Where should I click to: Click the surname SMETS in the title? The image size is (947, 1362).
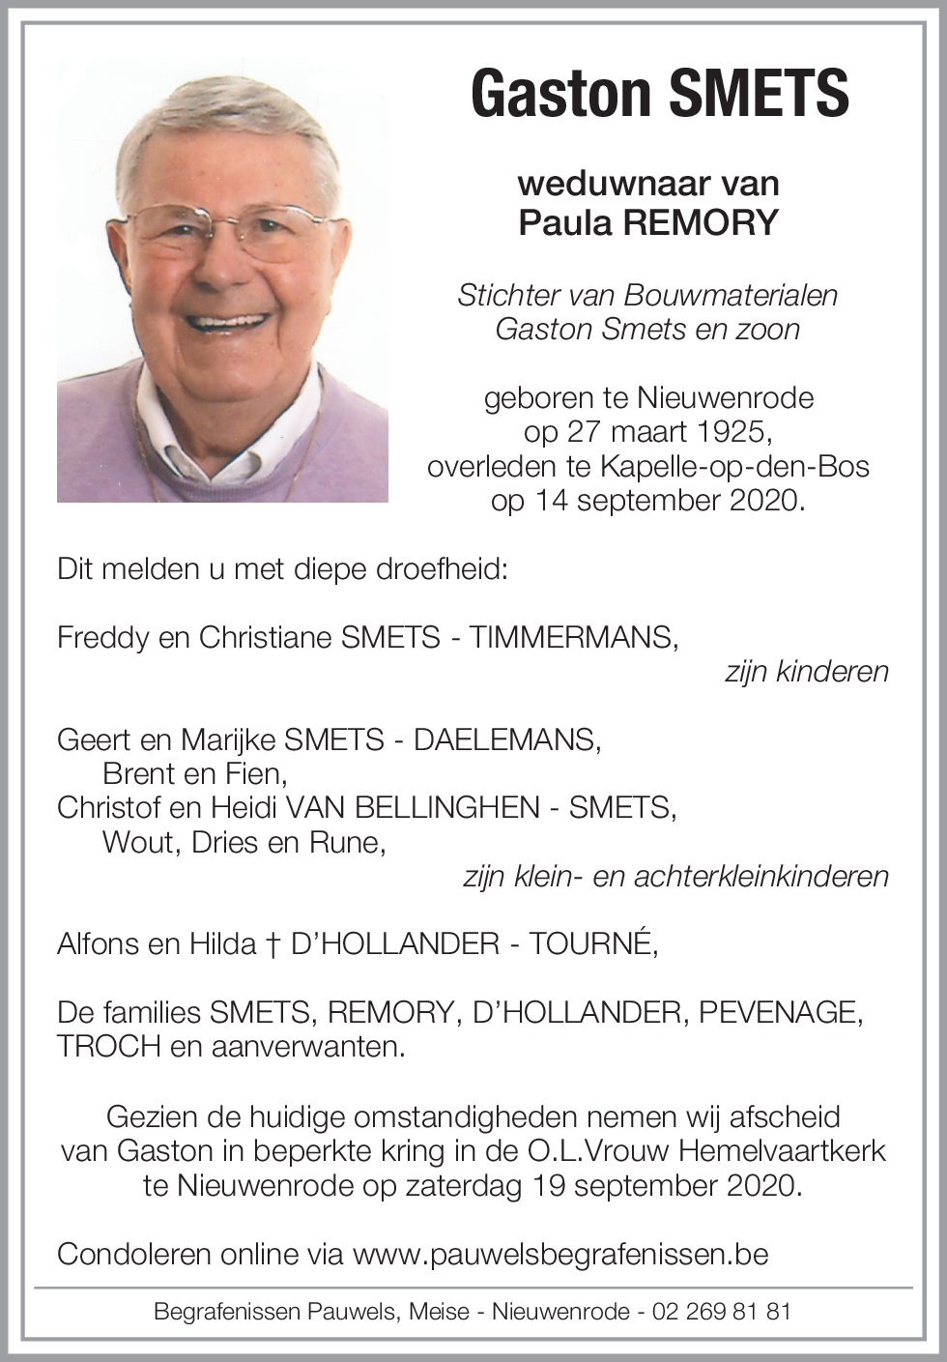pyautogui.click(x=759, y=94)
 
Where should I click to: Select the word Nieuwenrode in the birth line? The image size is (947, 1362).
pyautogui.click(x=724, y=398)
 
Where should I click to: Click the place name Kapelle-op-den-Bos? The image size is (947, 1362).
pyautogui.click(x=734, y=467)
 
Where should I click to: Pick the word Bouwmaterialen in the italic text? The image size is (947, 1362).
pyautogui.click(x=731, y=296)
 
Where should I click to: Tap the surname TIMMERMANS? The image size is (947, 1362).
pyautogui.click(x=573, y=638)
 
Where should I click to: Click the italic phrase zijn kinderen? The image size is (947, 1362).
pyautogui.click(x=806, y=672)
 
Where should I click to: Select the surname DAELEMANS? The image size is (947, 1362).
pyautogui.click(x=506, y=740)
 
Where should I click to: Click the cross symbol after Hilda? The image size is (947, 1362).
pyautogui.click(x=273, y=945)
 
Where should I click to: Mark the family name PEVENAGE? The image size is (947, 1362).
pyautogui.click(x=780, y=1013)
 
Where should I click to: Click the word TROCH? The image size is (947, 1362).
pyautogui.click(x=108, y=1047)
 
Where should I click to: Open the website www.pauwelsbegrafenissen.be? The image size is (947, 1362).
pyautogui.click(x=560, y=1255)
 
